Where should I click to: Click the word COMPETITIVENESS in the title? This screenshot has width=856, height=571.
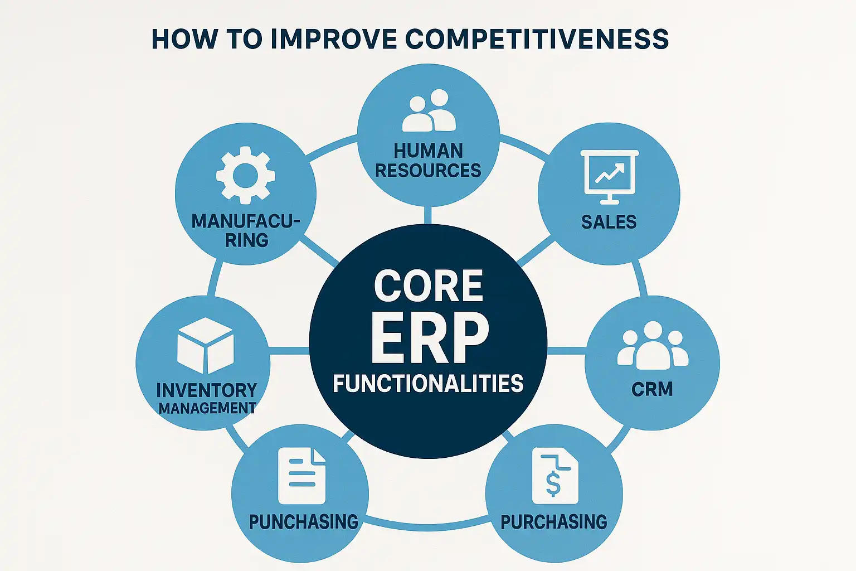click(537, 40)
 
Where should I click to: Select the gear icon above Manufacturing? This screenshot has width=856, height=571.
click(245, 175)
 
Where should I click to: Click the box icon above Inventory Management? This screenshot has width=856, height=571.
click(205, 346)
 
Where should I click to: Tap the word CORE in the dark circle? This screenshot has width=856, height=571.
click(428, 286)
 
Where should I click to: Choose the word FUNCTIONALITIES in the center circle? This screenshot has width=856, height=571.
click(428, 384)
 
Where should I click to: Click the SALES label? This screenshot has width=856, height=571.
click(609, 222)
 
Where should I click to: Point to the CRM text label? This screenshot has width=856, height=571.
click(652, 389)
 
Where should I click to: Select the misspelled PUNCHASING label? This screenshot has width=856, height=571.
click(303, 522)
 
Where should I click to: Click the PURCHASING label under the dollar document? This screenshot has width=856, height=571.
click(553, 522)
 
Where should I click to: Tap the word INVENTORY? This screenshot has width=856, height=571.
click(206, 390)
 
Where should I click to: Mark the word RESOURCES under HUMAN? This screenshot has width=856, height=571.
click(428, 170)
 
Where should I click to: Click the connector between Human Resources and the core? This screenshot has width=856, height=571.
click(428, 215)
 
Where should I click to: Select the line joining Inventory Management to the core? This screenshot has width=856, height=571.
click(289, 351)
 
